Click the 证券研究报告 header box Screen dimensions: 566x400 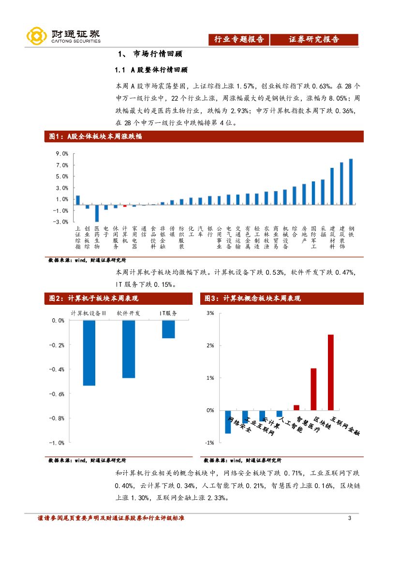314,40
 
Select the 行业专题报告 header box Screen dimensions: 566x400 239,40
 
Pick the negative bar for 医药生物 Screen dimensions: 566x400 97,213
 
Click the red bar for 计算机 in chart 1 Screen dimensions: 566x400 125,206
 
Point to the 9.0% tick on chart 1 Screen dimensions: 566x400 61,154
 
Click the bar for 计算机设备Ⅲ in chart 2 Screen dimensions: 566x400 89,353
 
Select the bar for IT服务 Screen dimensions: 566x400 168,329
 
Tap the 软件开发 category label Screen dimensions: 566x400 129,313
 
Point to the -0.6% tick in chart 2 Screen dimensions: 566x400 58,394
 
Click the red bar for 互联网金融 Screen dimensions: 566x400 331,372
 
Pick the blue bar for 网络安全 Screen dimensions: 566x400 228,421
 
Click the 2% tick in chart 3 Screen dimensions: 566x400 210,345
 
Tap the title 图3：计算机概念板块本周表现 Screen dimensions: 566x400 252,298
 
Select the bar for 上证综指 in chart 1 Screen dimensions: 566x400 78,200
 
